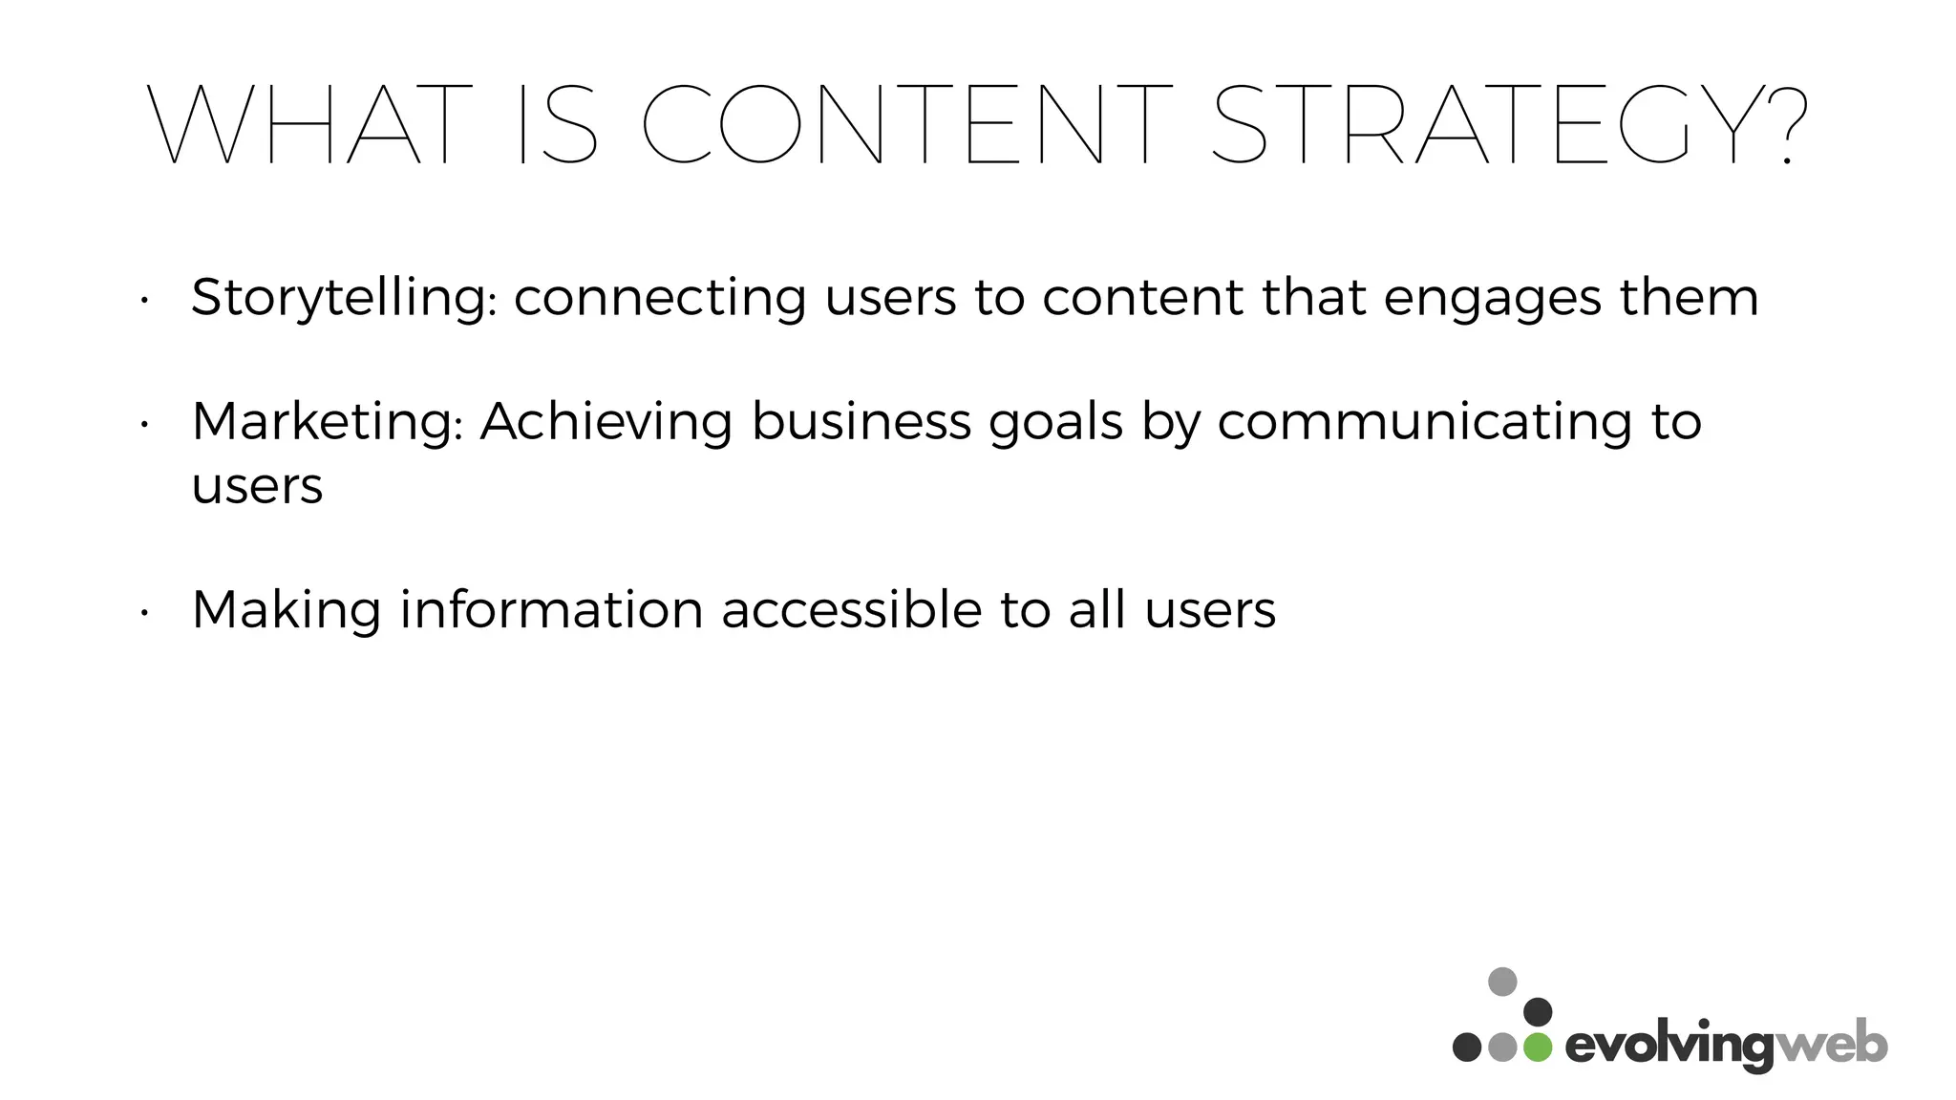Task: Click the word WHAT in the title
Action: click(310, 125)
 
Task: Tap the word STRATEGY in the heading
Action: click(1490, 125)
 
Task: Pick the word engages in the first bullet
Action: click(1491, 299)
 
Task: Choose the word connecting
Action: click(660, 299)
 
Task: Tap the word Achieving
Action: click(606, 421)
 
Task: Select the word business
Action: click(861, 421)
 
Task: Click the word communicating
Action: click(1424, 423)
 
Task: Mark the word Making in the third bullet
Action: click(287, 610)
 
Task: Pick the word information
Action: click(551, 609)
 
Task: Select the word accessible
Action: click(851, 609)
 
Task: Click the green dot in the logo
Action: click(1538, 1047)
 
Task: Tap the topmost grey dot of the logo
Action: click(1502, 982)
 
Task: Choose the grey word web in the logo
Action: click(1831, 1046)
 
